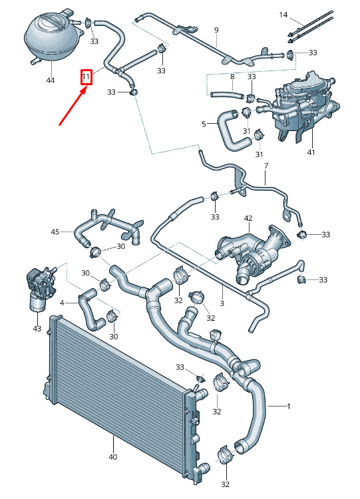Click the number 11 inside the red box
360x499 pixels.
click(86, 77)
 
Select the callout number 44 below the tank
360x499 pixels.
click(51, 81)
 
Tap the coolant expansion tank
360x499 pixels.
click(53, 36)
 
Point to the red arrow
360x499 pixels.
click(73, 106)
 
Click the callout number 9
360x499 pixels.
click(216, 30)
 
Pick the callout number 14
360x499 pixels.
click(283, 15)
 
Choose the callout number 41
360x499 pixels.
click(311, 152)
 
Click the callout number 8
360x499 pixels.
click(232, 77)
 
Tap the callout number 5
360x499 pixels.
click(204, 124)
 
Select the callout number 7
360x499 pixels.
click(266, 166)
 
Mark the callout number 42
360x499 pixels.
click(248, 218)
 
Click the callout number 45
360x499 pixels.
click(55, 232)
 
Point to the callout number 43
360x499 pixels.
click(37, 328)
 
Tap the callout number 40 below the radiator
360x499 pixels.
click(113, 457)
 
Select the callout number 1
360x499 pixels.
click(289, 406)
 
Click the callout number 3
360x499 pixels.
click(222, 303)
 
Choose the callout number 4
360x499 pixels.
click(62, 303)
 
